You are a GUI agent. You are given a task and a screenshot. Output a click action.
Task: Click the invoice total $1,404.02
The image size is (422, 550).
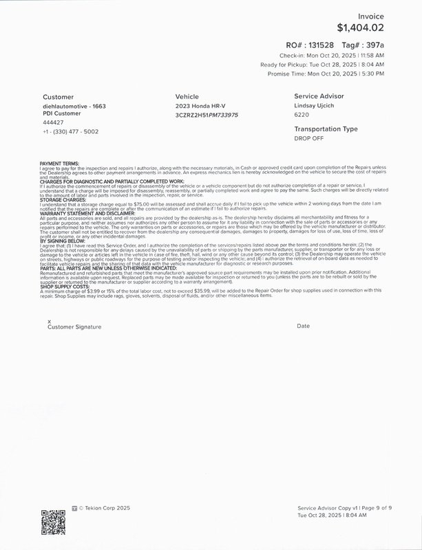click(360, 28)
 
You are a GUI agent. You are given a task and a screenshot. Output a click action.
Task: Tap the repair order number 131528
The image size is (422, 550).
click(331, 44)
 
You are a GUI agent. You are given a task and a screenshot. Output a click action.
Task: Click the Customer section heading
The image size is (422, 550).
click(58, 97)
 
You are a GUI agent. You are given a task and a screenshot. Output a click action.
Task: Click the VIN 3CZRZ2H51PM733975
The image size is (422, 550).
click(207, 115)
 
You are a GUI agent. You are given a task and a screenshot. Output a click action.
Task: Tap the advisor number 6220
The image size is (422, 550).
click(302, 115)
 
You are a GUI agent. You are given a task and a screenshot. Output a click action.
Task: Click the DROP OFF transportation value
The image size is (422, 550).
click(309, 138)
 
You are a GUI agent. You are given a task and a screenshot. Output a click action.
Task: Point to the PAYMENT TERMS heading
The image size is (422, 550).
click(59, 163)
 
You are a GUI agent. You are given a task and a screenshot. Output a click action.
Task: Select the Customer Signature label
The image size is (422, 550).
click(74, 327)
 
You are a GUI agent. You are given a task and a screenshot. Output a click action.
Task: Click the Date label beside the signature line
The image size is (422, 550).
click(304, 326)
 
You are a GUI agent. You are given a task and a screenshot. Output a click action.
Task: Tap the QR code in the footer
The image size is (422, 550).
click(53, 520)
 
